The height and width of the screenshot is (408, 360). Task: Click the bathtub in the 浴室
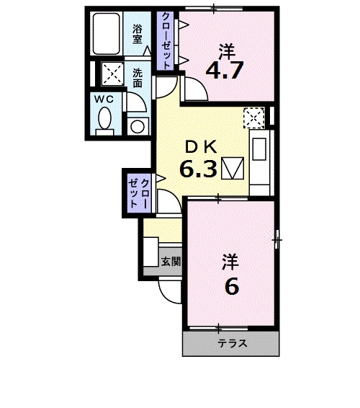107,33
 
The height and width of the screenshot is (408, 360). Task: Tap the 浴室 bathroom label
138,34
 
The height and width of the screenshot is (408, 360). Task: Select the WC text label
104,99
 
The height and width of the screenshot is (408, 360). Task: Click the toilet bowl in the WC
104,119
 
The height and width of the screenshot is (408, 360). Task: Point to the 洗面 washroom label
138,78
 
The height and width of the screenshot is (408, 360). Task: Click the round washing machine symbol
138,127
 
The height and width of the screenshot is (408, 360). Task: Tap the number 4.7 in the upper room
225,70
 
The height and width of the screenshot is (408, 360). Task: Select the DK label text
201,148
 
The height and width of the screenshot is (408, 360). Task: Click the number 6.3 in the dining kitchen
198,169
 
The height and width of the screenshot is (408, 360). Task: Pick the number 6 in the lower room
232,286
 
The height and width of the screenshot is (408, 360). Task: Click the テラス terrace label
233,344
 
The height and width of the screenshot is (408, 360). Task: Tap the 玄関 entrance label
171,261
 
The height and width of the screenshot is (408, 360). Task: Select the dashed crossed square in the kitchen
253,118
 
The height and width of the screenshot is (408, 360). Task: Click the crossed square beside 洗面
112,73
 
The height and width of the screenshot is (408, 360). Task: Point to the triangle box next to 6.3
233,169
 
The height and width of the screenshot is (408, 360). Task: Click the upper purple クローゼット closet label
166,40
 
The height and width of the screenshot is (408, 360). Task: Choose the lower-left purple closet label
139,192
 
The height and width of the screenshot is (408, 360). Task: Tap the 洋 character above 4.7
227,52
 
